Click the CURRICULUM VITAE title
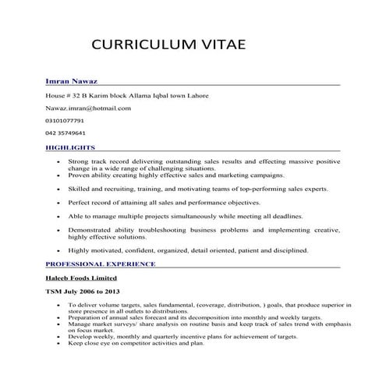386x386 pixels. (168, 44)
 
